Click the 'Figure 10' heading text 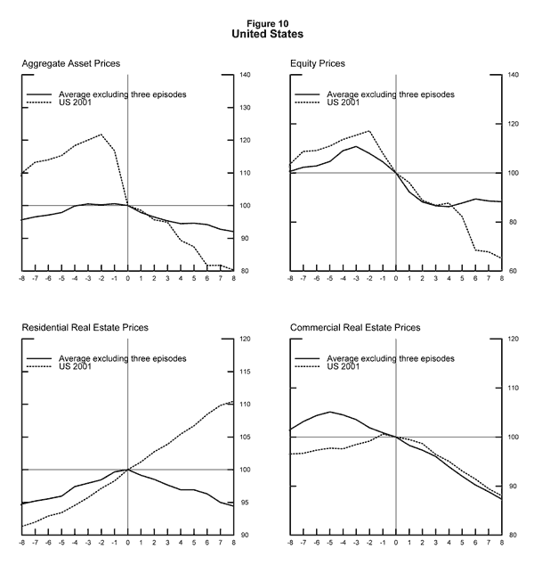tap(267, 23)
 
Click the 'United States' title tap(267, 34)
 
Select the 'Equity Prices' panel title tap(318, 64)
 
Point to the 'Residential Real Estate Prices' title tap(85, 328)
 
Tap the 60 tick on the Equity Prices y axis tap(513, 271)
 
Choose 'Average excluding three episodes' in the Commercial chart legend tap(391, 358)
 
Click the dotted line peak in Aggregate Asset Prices tap(101, 135)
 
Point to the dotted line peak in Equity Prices tap(368, 131)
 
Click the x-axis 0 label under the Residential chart tap(128, 544)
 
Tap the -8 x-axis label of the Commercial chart tap(289, 544)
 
